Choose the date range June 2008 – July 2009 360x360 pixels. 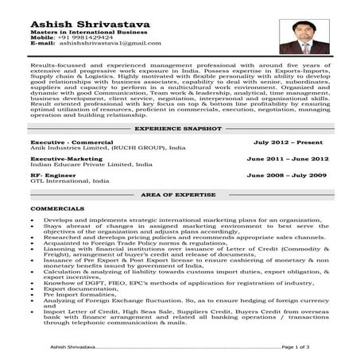click(286, 174)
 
